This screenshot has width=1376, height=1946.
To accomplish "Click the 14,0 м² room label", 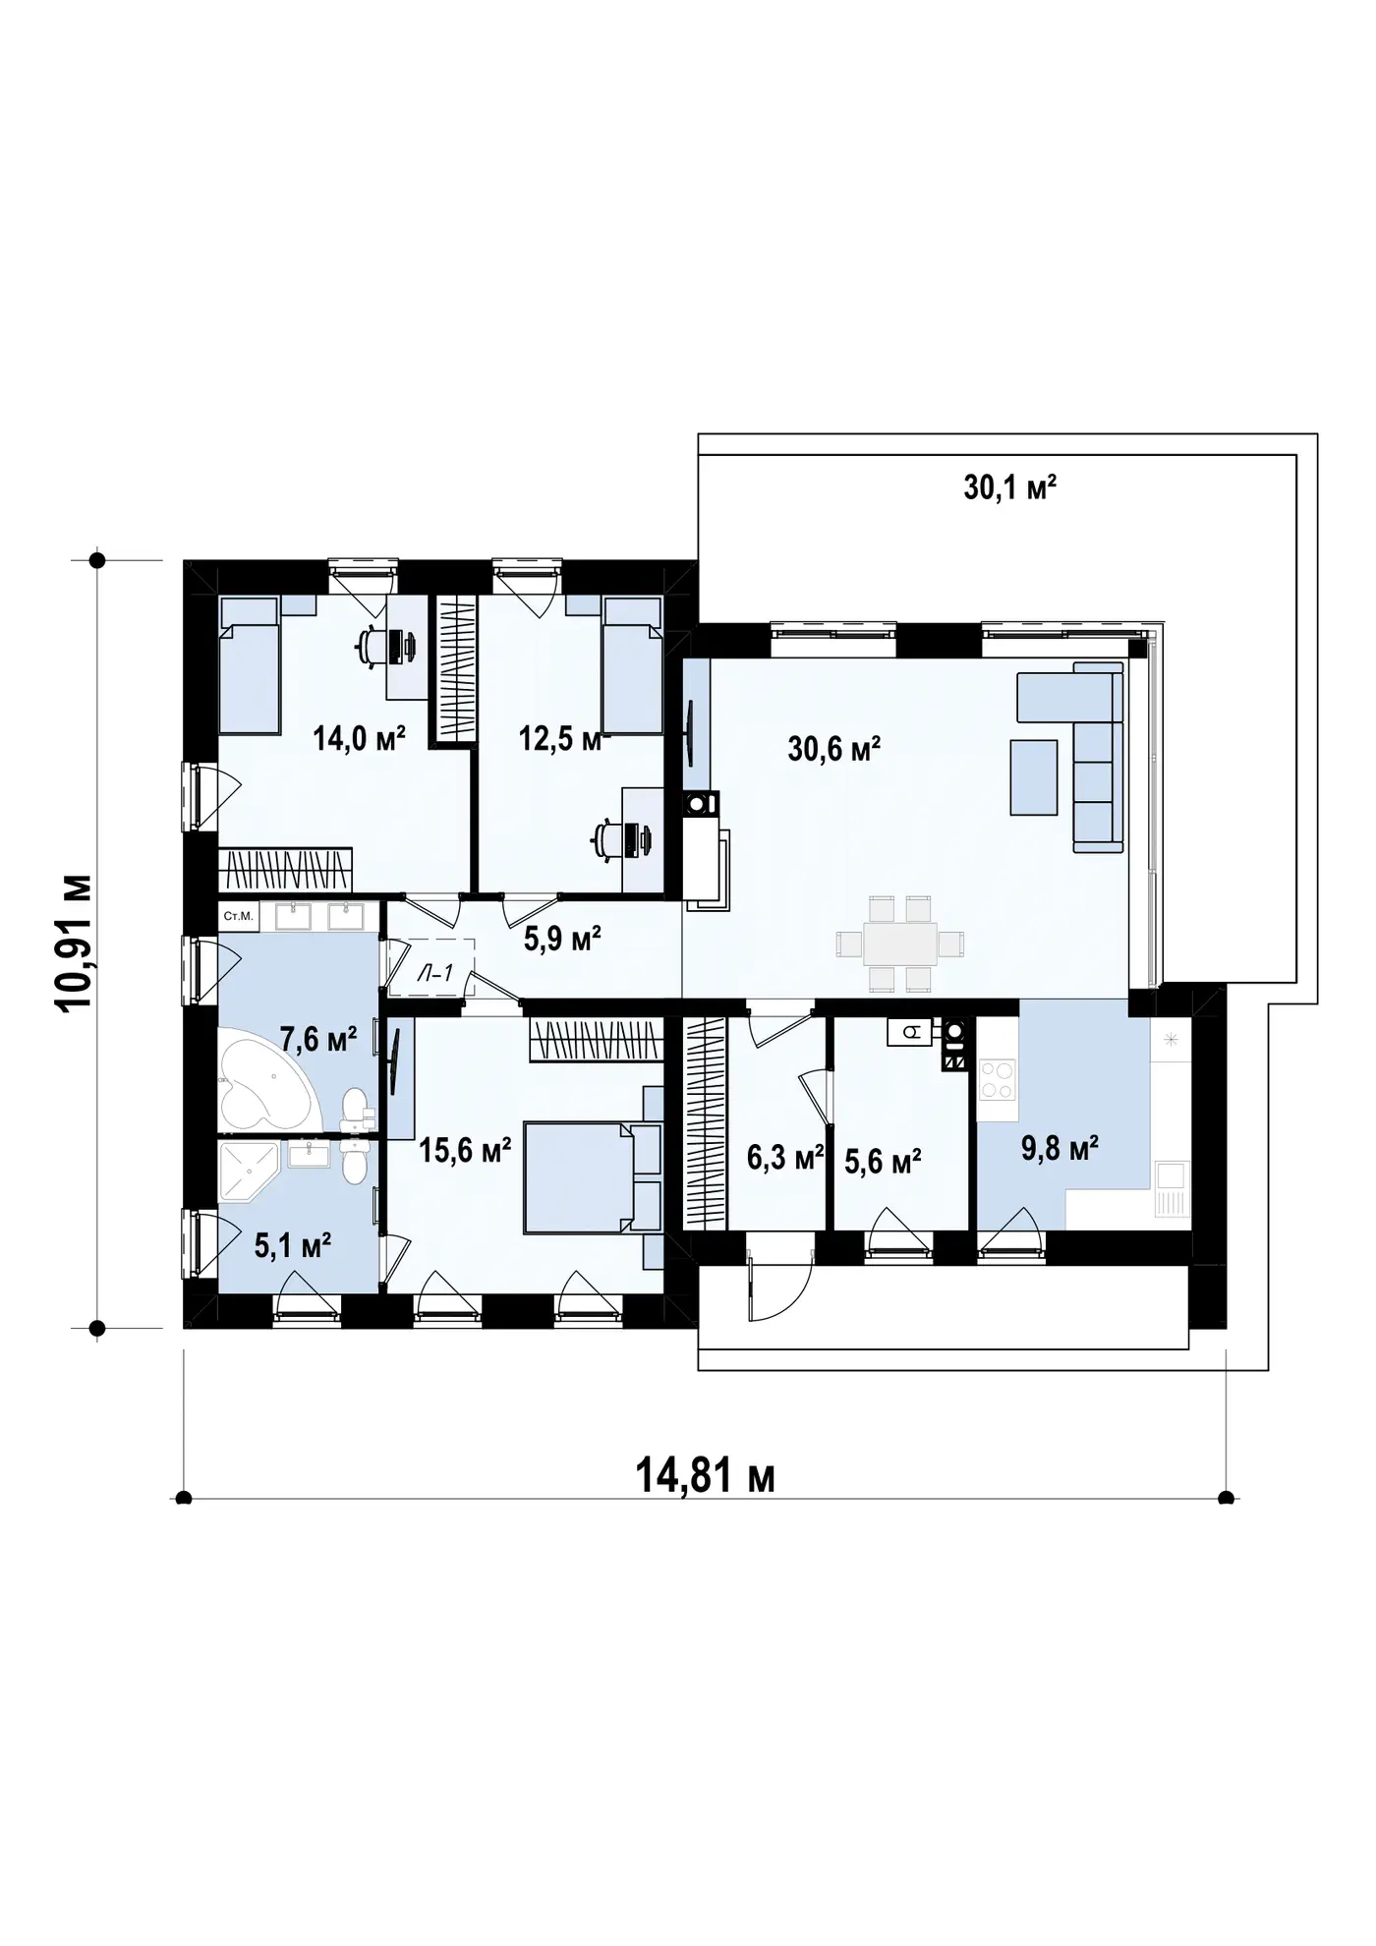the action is point(360,737).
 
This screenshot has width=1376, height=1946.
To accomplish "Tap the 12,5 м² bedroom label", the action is point(559,738).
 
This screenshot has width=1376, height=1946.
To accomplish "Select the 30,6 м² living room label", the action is point(833,749).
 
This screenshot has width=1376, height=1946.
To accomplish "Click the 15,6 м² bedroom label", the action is point(465,1150).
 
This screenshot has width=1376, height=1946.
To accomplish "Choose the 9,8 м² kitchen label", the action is point(1060,1147).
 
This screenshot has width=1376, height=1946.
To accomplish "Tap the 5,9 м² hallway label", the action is point(562,939).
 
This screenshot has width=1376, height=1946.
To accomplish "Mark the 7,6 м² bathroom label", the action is point(318,1038).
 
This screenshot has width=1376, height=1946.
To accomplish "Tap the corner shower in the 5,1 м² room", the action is point(250,1173).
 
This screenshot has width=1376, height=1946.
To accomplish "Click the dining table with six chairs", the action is point(900,944).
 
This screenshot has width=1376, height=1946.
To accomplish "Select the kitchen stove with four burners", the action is point(997,1078).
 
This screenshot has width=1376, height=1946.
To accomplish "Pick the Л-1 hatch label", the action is point(433,973).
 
